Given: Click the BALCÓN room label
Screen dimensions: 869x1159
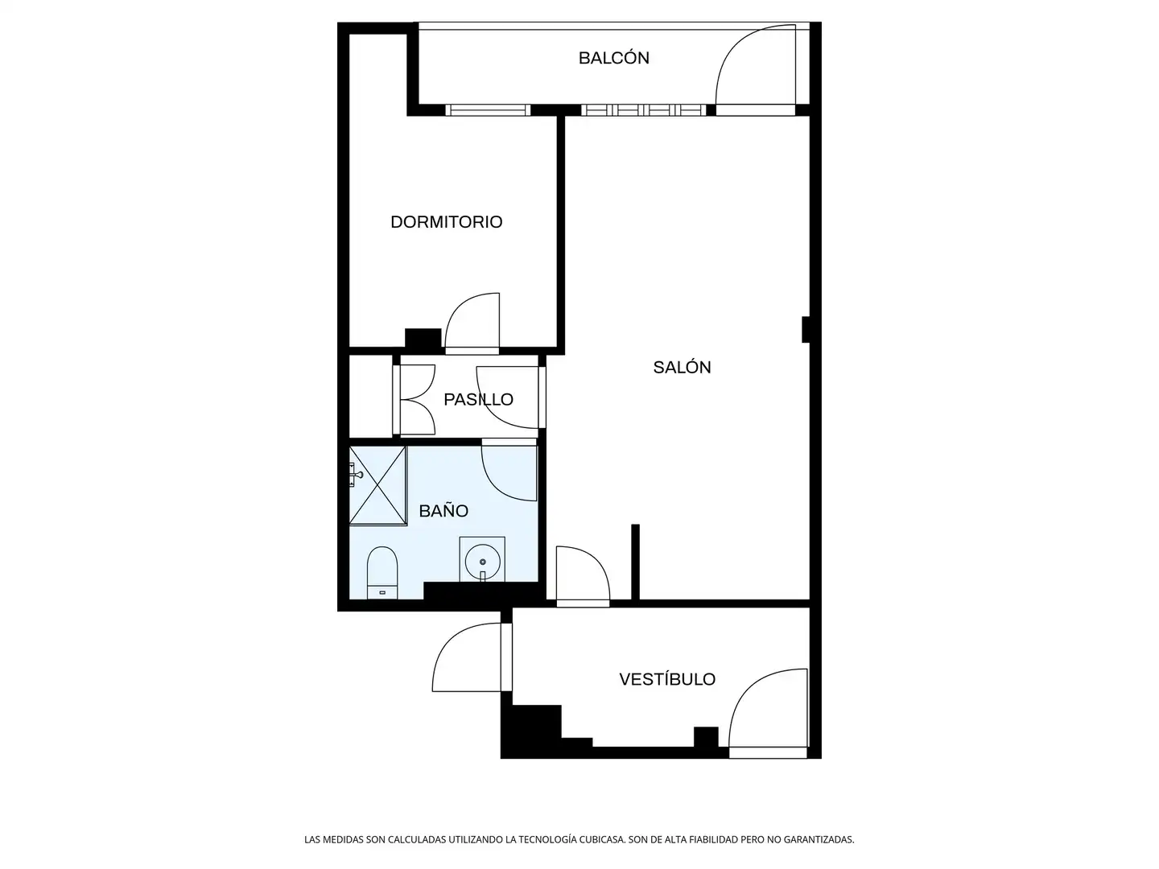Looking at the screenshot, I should tap(613, 58).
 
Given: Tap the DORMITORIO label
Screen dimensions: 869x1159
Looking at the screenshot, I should tap(446, 222).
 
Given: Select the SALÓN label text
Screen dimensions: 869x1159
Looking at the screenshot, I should tap(682, 368).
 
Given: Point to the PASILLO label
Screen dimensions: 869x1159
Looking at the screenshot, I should tap(478, 399).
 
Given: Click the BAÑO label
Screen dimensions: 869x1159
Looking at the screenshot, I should tap(443, 511).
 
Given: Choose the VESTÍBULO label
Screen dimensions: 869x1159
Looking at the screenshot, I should tap(667, 679).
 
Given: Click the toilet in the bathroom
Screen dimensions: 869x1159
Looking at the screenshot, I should tap(382, 572).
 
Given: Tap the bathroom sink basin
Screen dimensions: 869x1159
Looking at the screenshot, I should tap(482, 560).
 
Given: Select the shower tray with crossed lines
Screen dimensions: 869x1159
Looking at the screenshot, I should tap(377, 485).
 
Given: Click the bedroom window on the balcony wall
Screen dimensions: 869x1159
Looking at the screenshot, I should tap(488, 110).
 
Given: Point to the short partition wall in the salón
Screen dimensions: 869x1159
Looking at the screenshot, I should tap(635, 562).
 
